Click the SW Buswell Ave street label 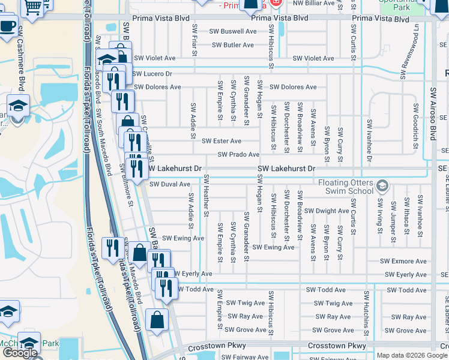click(x=233, y=31)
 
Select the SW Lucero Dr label click(x=152, y=74)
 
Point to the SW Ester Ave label click(x=221, y=141)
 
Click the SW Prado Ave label click(x=238, y=155)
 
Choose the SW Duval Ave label click(x=170, y=184)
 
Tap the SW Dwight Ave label click(x=327, y=211)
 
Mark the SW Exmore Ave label click(x=403, y=261)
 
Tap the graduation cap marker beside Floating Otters click(x=382, y=187)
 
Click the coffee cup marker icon click(x=8, y=26)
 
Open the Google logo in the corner click(x=20, y=353)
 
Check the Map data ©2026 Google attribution click(x=412, y=355)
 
